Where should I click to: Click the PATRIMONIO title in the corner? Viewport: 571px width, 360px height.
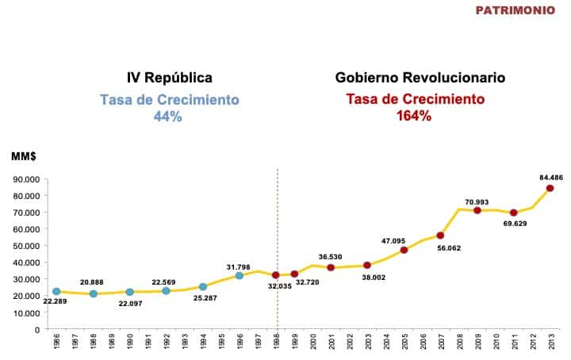tap(515, 10)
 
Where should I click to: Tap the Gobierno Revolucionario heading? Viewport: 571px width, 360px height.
tap(420, 78)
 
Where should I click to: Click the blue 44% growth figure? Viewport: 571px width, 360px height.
tap(168, 117)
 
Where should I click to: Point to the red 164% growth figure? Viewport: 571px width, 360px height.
tap(413, 117)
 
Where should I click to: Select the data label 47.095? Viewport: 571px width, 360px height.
tap(393, 240)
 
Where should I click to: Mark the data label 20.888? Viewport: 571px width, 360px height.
tap(93, 282)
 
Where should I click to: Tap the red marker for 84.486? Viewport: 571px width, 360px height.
tap(550, 188)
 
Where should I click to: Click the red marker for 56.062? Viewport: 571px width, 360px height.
tap(440, 236)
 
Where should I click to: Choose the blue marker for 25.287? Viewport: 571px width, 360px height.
tap(203, 287)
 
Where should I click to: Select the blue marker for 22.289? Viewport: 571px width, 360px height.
tap(56, 292)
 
